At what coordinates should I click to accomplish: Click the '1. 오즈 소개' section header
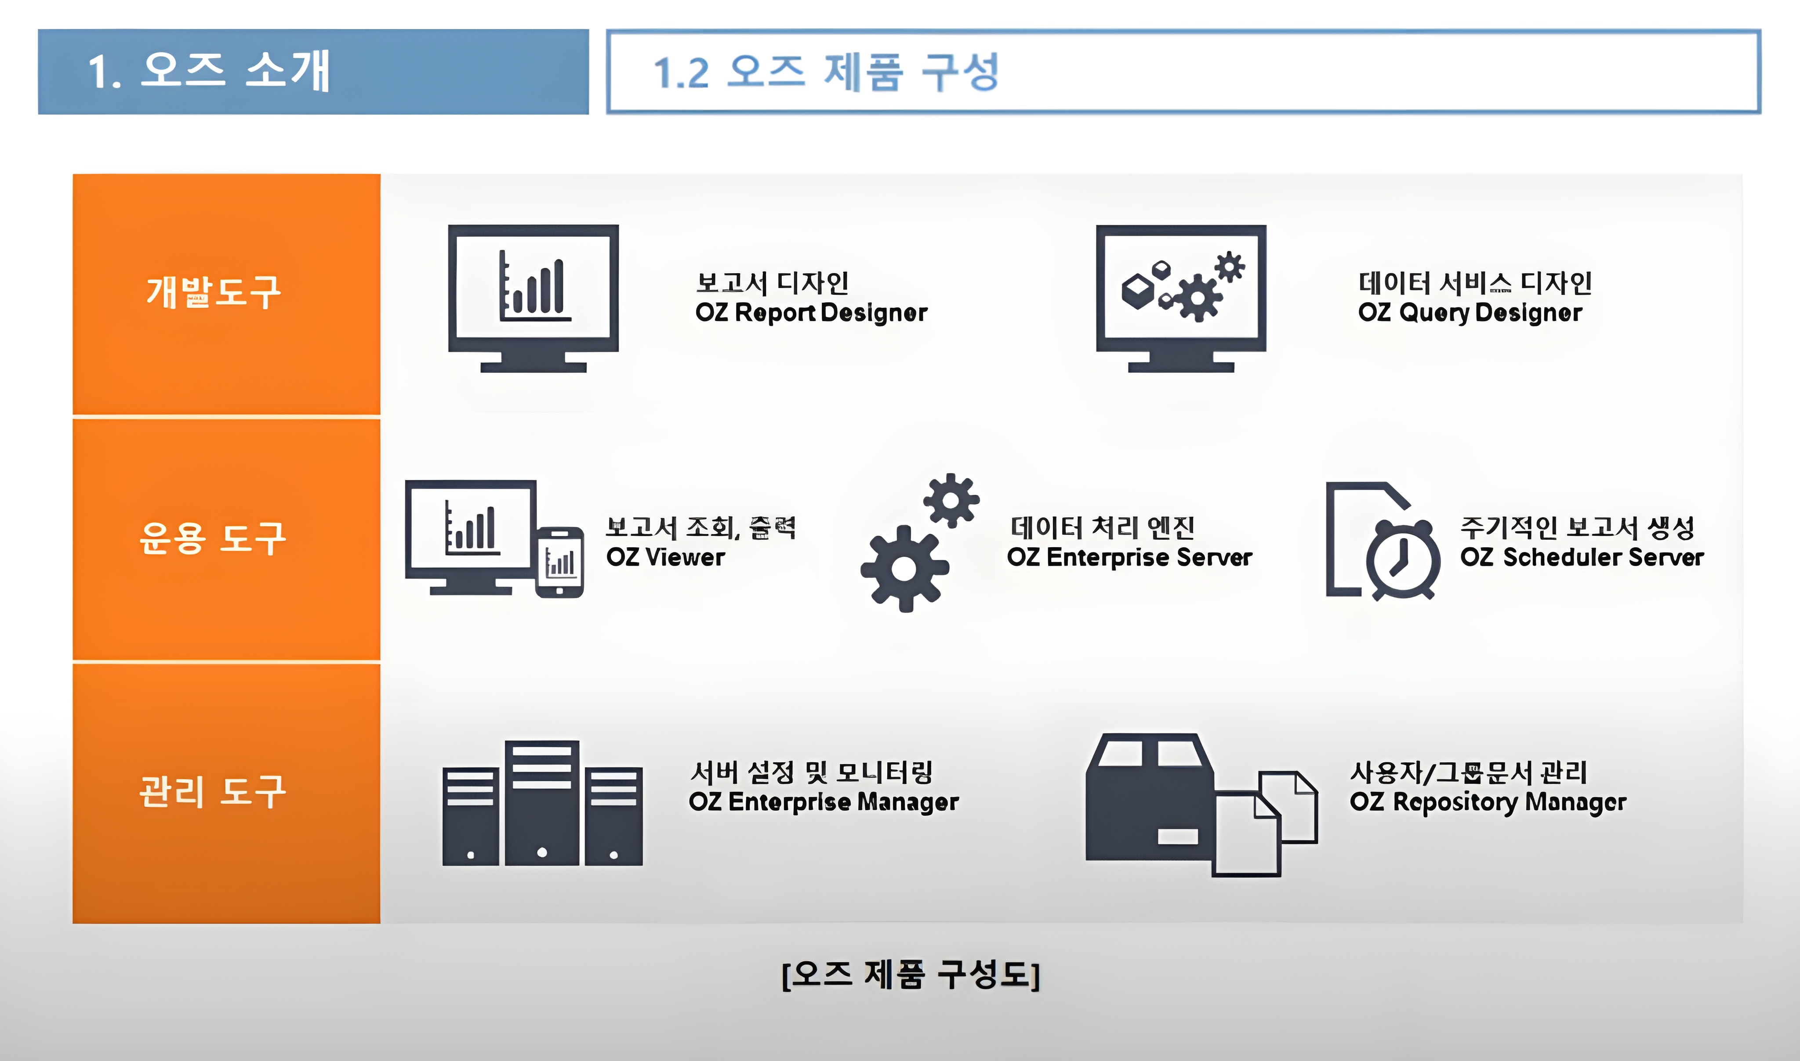pyautogui.click(x=208, y=72)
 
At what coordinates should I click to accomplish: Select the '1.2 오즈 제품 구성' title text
pyautogui.click(x=826, y=72)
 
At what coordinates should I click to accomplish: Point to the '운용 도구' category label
pyautogui.click(x=213, y=538)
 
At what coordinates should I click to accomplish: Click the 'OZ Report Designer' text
pyautogui.click(x=811, y=312)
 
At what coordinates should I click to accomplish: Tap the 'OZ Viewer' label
pyautogui.click(x=665, y=557)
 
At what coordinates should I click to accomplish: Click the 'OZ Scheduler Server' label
pyautogui.click(x=1582, y=557)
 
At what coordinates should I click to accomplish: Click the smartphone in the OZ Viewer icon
pyautogui.click(x=559, y=563)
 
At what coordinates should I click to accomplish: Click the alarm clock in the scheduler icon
pyautogui.click(x=1402, y=561)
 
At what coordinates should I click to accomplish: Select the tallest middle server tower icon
pyautogui.click(x=541, y=802)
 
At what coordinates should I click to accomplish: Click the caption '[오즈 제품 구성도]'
pyautogui.click(x=910, y=974)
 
